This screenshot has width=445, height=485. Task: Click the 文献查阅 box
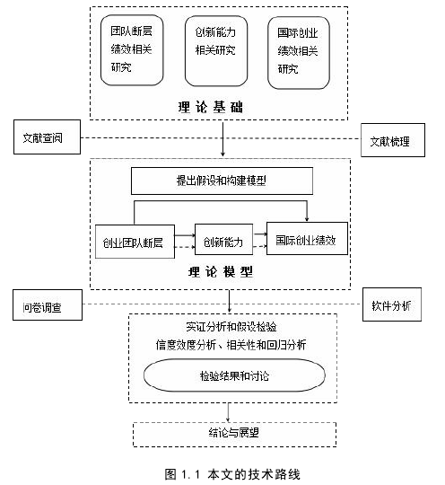coord(47,137)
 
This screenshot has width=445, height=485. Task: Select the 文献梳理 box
coord(393,140)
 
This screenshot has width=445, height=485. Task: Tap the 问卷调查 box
coord(48,305)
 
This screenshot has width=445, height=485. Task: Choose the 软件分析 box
coord(392,304)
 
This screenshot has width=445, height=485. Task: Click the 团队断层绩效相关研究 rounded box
coord(132,50)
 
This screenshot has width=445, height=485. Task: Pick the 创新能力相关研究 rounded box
coord(216,51)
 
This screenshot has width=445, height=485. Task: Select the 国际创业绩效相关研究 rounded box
coord(299,53)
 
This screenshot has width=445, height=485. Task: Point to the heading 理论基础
coord(211,107)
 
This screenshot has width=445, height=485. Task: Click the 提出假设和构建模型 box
coord(222,181)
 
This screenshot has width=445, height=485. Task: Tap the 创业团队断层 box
coord(135,242)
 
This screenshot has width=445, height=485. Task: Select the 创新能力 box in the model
coord(223,240)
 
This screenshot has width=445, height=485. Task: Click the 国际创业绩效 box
coord(307,239)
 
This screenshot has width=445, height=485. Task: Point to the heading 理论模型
coord(221,272)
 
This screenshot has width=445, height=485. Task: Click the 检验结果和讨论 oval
coord(234,375)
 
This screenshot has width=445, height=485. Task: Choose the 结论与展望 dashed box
coord(234,435)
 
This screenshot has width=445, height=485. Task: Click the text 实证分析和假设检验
coord(231,327)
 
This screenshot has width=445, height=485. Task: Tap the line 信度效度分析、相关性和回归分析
coord(231,345)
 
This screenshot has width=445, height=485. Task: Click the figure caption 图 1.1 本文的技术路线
coord(232,474)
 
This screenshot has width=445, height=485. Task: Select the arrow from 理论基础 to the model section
coord(222,139)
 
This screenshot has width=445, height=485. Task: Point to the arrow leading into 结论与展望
coord(228,412)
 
